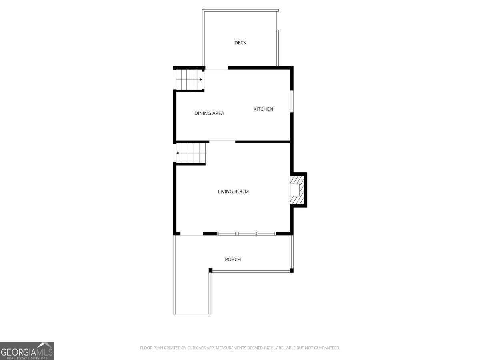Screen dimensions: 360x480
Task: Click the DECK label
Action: tap(240, 43)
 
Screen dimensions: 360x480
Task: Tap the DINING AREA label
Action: tap(209, 113)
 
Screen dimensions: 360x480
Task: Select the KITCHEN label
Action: tap(263, 109)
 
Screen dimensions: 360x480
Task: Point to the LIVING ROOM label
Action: tap(233, 192)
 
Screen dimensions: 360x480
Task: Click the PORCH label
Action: tap(233, 259)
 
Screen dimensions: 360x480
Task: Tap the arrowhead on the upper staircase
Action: tap(201, 80)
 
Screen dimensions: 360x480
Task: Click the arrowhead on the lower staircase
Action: tap(178, 152)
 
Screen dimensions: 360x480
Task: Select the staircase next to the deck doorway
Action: tap(190, 80)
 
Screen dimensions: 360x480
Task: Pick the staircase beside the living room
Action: tap(192, 152)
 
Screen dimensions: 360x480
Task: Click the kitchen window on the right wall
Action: tap(292, 102)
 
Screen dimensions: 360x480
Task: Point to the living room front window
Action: tap(246, 233)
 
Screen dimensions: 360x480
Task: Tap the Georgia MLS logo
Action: tap(27, 351)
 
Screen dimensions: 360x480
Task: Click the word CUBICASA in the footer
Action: tap(197, 348)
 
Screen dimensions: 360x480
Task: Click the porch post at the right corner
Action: tap(292, 271)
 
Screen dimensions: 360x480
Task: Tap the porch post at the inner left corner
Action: tap(210, 270)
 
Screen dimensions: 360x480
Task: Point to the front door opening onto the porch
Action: tap(192, 234)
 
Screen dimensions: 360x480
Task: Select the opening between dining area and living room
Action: tap(222, 141)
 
